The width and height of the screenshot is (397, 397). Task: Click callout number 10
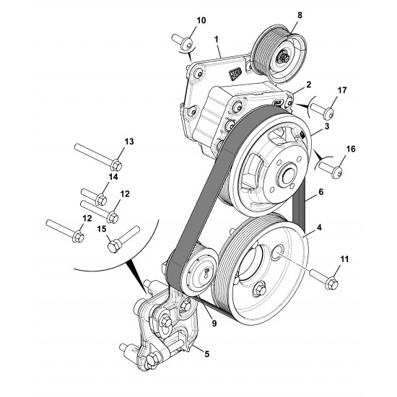click(x=201, y=20)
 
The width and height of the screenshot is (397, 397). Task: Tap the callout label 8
click(x=300, y=15)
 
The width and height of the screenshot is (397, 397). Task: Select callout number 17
click(x=342, y=90)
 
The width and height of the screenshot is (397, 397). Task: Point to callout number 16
click(x=351, y=149)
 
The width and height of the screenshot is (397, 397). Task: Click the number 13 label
click(x=129, y=141)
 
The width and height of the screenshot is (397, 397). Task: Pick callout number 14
click(x=113, y=177)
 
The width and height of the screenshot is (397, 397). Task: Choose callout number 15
click(x=102, y=229)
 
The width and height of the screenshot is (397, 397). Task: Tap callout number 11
click(x=344, y=259)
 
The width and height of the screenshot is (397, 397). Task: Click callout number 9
click(x=214, y=323)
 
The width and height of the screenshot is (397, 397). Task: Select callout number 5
click(x=207, y=354)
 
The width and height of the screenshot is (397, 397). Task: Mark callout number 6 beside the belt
click(x=321, y=192)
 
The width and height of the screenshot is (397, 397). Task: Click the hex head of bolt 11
click(x=331, y=284)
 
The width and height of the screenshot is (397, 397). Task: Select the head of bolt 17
click(x=328, y=113)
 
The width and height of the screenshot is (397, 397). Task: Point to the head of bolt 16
click(x=337, y=173)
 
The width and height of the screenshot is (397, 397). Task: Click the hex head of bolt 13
click(x=116, y=165)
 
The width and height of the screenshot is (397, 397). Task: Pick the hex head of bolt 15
click(x=113, y=246)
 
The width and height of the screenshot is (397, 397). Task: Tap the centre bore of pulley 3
click(x=287, y=177)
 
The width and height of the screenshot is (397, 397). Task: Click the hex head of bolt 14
click(x=101, y=200)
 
